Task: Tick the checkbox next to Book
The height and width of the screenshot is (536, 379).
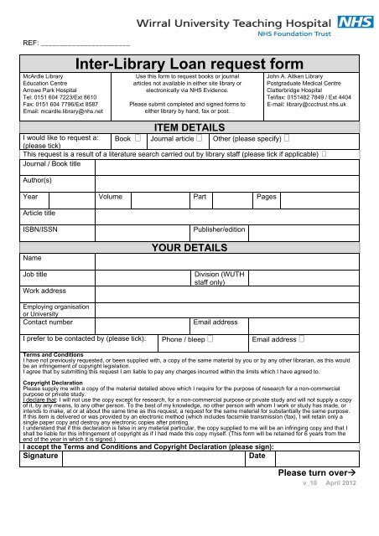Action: [x=138, y=139]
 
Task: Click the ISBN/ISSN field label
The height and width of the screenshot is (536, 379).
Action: [x=40, y=229]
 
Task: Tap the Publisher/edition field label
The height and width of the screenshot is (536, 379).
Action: [x=219, y=229]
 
